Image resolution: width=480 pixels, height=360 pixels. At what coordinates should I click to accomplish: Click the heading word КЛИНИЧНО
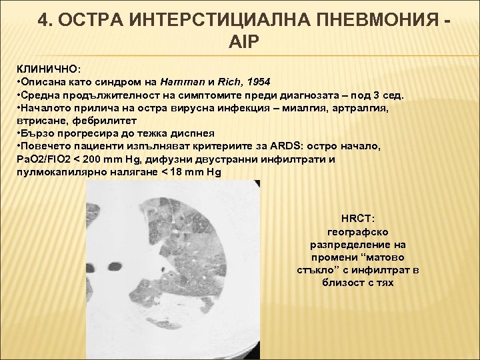coord(43,69)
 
